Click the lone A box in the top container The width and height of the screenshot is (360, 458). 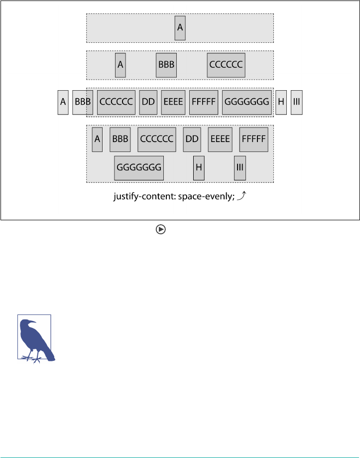180,28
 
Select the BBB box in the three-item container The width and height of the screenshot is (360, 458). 166,65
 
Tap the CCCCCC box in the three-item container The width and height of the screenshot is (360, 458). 226,65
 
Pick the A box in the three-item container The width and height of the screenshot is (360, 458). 120,65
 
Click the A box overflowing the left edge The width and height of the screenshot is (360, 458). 63,102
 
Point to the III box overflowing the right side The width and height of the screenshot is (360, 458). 297,102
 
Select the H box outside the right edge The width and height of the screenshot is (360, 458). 281,102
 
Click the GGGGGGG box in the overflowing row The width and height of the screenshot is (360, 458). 247,102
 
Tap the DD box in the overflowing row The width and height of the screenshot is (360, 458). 148,102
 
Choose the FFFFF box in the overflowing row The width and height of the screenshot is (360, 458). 203,102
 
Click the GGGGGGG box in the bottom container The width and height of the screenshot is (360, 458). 139,168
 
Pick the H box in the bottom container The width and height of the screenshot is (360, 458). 199,168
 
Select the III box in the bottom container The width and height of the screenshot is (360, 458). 240,168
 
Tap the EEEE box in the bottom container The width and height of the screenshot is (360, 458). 220,139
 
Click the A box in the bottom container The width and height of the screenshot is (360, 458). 97,139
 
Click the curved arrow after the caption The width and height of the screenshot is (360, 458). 241,196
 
